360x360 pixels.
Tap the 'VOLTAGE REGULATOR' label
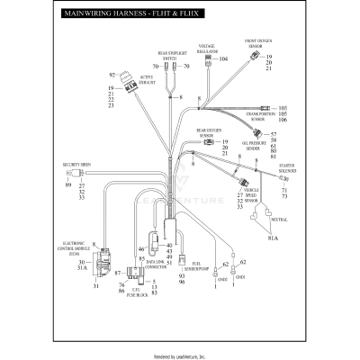[x=206, y=48]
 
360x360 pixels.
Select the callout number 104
[x=223, y=59]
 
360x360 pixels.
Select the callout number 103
[x=283, y=108]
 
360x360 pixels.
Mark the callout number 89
[x=67, y=185]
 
